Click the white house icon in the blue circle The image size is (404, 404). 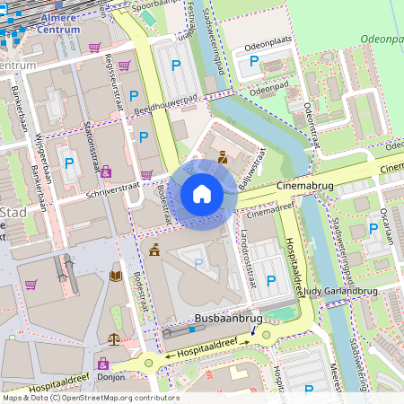coord(202,193)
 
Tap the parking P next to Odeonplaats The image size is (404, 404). coord(254,61)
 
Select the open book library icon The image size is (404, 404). coord(115,276)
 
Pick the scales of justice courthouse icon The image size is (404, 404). coord(114,340)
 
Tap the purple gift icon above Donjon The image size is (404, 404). coord(102,364)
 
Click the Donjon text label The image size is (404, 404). coord(110,378)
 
